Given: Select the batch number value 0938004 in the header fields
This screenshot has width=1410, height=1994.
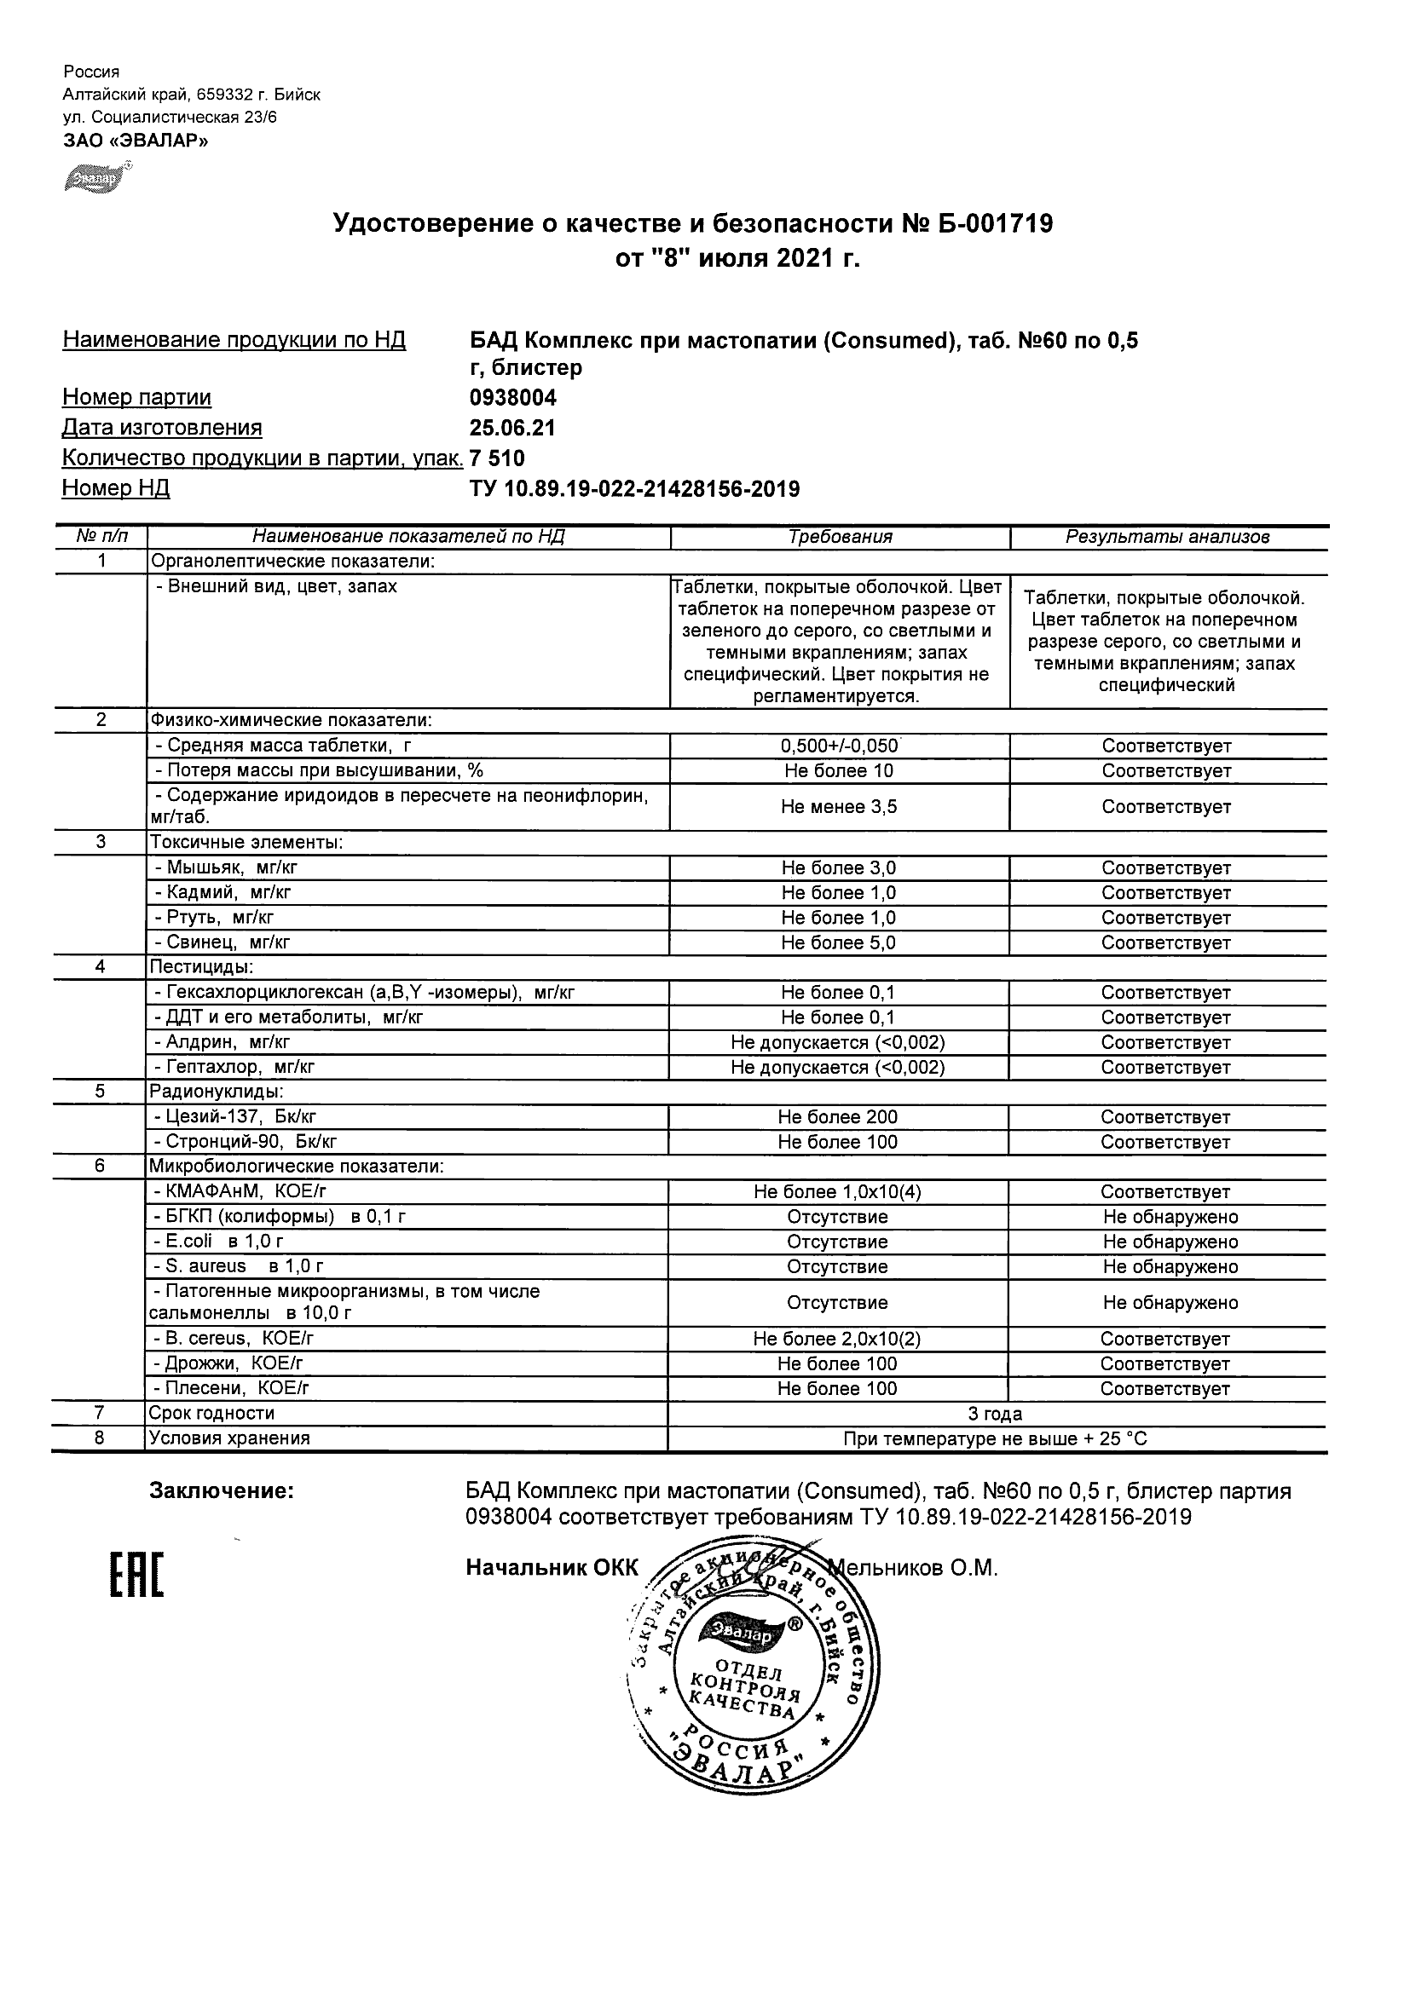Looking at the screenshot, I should (x=512, y=398).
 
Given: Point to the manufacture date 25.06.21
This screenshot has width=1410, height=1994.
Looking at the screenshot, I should (x=511, y=428).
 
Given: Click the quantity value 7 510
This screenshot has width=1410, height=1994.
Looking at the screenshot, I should (x=497, y=458).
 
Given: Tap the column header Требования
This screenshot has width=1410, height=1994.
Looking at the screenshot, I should (x=839, y=538).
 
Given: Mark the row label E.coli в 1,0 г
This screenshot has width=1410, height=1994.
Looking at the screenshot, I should (x=219, y=1242).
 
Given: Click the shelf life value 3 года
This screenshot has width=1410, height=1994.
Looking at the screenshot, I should (x=995, y=1414).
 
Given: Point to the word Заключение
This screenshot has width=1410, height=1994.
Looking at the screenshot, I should (x=222, y=1492).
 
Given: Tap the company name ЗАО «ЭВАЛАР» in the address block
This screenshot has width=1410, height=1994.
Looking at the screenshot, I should (x=136, y=141).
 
